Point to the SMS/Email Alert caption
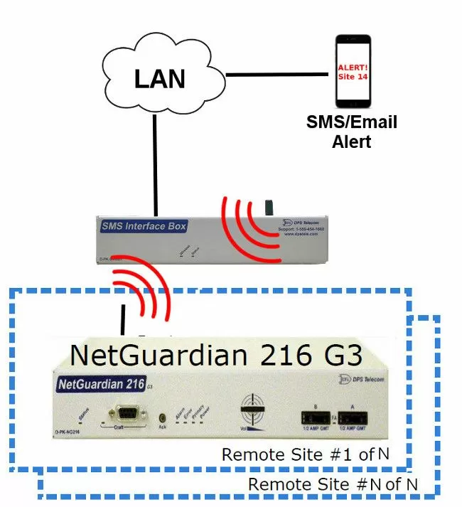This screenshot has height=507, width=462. coord(351,132)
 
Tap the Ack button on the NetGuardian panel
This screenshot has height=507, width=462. coord(163,418)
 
